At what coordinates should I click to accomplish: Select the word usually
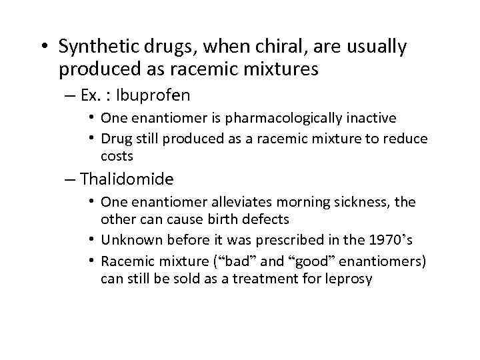pyautogui.click(x=375, y=47)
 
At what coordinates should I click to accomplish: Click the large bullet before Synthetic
pyautogui.click(x=45, y=47)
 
